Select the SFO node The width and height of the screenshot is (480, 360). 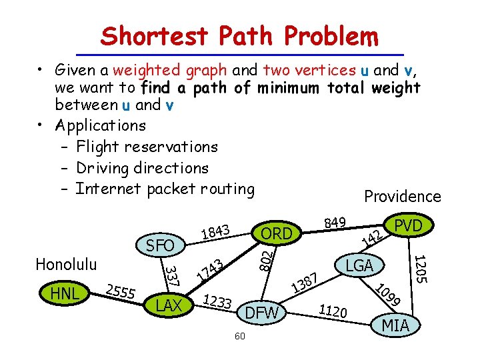[159, 245]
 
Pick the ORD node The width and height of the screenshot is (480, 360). [277, 233]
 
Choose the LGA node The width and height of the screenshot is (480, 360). [359, 266]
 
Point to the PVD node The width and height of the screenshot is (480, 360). [408, 226]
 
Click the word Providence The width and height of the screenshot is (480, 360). [402, 196]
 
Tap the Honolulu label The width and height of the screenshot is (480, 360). [65, 264]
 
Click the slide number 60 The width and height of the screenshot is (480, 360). [240, 336]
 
